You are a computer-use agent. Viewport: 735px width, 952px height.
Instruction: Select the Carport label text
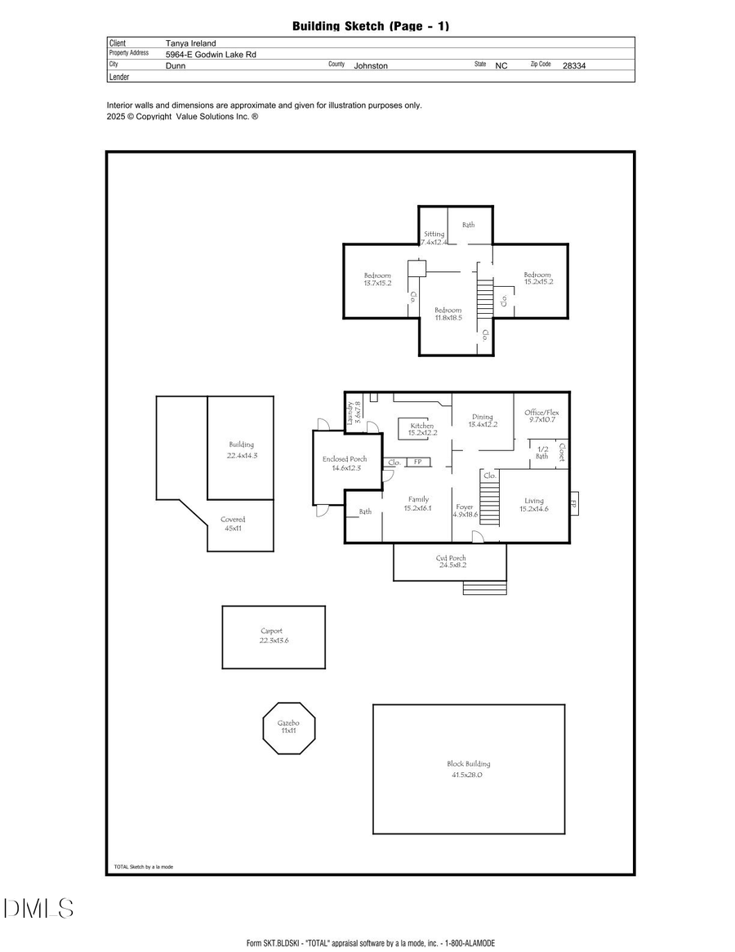click(x=273, y=631)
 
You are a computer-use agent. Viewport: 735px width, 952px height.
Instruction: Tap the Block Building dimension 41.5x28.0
click(x=468, y=774)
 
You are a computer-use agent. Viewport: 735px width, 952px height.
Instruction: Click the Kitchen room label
click(x=422, y=426)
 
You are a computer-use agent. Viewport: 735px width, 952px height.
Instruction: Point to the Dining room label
click(x=483, y=417)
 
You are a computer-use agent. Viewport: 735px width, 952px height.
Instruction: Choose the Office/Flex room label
click(x=541, y=413)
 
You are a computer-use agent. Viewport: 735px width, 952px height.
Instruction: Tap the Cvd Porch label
click(x=451, y=558)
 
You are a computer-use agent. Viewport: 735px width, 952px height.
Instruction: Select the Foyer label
click(x=465, y=507)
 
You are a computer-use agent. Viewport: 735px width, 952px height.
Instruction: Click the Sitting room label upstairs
click(x=434, y=234)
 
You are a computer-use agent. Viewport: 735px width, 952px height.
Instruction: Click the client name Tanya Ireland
click(x=190, y=42)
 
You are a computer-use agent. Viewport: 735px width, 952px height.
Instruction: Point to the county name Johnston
click(x=371, y=65)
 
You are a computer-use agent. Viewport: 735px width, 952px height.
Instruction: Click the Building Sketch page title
click(x=371, y=26)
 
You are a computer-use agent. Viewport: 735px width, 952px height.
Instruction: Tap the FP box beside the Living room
click(x=574, y=504)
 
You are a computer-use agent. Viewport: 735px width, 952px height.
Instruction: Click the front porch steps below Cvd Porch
click(x=479, y=588)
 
